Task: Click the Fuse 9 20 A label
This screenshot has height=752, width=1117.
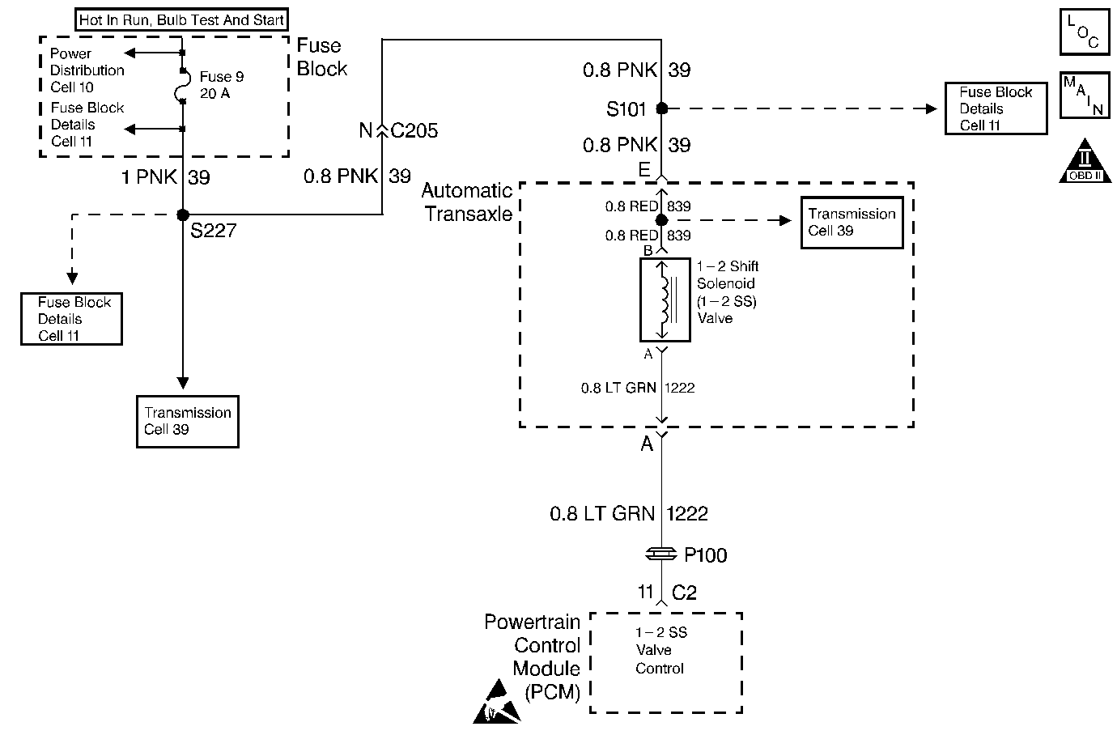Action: click(x=221, y=85)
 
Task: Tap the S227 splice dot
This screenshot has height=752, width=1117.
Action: click(x=183, y=215)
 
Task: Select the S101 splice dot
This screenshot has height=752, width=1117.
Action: click(x=661, y=108)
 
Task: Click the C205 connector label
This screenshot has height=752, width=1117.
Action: click(x=414, y=130)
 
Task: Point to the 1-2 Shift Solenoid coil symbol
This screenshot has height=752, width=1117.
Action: click(x=665, y=300)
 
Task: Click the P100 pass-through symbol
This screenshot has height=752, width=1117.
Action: click(x=661, y=554)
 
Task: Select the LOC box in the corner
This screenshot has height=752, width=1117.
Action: click(x=1084, y=33)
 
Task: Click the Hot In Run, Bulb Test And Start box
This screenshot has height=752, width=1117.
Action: click(x=182, y=20)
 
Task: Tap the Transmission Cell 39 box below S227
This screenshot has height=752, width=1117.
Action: click(x=188, y=421)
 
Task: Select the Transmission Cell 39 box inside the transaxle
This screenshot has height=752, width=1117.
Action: click(x=852, y=223)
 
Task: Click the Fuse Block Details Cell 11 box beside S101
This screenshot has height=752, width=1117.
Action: click(x=996, y=108)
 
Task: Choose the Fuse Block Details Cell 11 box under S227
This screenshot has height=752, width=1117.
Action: click(x=72, y=319)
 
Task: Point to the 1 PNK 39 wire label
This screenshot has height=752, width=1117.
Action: click(x=165, y=177)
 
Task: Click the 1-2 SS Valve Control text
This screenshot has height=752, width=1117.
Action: click(x=660, y=650)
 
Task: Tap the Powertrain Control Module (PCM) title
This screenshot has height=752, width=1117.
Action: click(x=532, y=656)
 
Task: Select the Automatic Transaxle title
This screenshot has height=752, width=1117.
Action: click(x=467, y=202)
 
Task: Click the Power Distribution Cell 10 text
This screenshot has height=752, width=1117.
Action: click(x=87, y=70)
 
